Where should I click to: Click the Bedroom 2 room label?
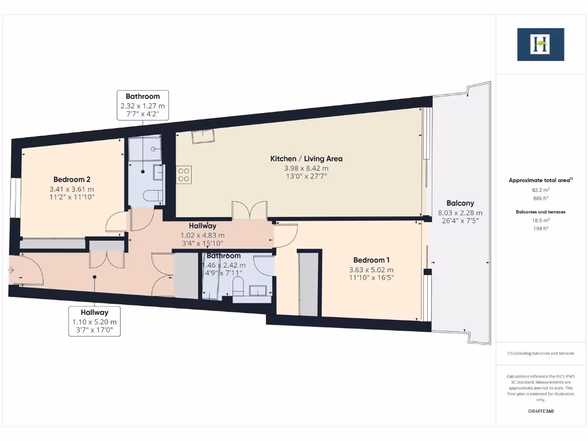pyautogui.click(x=72, y=179)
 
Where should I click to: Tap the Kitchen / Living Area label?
pyautogui.click(x=306, y=158)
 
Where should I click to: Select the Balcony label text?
pyautogui.click(x=460, y=203)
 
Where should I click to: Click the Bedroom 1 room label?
pyautogui.click(x=372, y=260)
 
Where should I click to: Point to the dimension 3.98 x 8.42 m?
pyautogui.click(x=306, y=168)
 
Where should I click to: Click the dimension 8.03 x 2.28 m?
pyautogui.click(x=460, y=212)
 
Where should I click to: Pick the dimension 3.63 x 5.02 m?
pyautogui.click(x=372, y=269)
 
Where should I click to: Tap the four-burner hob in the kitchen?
pyautogui.click(x=184, y=174)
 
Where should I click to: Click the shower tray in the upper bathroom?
pyautogui.click(x=145, y=150)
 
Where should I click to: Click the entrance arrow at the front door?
pyautogui.click(x=11, y=269)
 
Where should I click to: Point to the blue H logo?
pyautogui.click(x=540, y=44)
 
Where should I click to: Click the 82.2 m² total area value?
pyautogui.click(x=540, y=189)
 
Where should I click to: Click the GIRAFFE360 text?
pyautogui.click(x=540, y=412)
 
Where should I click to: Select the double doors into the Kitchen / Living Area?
pyautogui.click(x=249, y=210)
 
